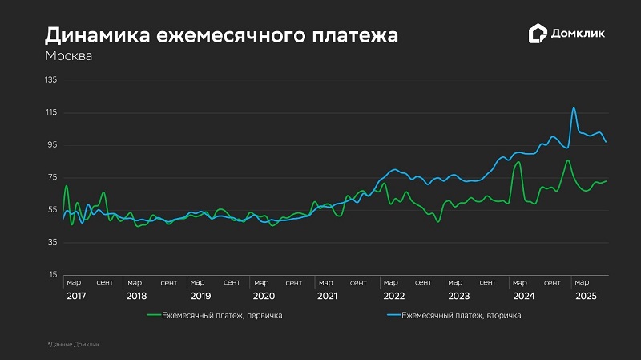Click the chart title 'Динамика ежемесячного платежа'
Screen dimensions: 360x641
coord(222,35)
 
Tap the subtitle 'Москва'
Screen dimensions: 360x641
coord(68,57)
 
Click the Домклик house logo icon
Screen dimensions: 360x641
coord(538,34)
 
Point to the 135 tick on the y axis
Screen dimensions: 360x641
coord(51,80)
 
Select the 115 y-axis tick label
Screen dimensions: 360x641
coord(51,112)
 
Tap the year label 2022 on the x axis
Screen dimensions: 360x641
coord(393,296)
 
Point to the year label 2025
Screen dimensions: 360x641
coord(586,296)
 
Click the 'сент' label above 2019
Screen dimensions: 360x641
coord(232,282)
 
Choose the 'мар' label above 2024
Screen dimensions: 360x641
coord(520,282)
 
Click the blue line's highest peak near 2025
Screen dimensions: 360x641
coord(574,108)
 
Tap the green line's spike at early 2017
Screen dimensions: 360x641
coord(67,186)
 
